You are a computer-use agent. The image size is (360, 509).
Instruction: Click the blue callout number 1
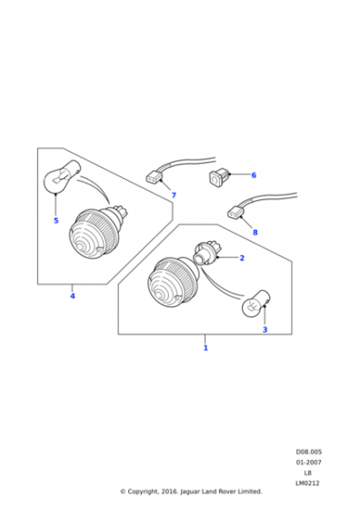[x=205, y=348]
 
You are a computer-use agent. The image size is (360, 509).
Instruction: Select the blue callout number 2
[x=242, y=258]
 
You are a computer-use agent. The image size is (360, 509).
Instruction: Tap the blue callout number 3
[x=265, y=329]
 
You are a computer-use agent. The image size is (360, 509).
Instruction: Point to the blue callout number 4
[x=73, y=296]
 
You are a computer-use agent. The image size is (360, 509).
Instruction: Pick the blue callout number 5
[x=56, y=221]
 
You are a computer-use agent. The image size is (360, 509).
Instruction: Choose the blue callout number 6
[x=254, y=175]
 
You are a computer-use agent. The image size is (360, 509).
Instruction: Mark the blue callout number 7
[x=174, y=195]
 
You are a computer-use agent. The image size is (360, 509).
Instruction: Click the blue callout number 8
[x=255, y=233]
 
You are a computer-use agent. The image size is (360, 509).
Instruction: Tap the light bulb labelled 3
[x=257, y=304]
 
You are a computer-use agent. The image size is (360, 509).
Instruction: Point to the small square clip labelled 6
[x=219, y=177]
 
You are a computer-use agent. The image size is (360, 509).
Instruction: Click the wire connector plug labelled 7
[x=155, y=177]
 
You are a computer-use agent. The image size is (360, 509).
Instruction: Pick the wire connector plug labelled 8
[x=235, y=213]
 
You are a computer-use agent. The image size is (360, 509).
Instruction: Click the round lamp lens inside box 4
[x=95, y=233]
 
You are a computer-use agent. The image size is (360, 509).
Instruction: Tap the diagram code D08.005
[x=309, y=452]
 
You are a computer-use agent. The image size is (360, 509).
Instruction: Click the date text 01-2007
[x=308, y=463]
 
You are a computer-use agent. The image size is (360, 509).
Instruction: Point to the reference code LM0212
[x=307, y=483]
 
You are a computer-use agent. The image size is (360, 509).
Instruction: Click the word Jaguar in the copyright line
[x=191, y=492]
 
